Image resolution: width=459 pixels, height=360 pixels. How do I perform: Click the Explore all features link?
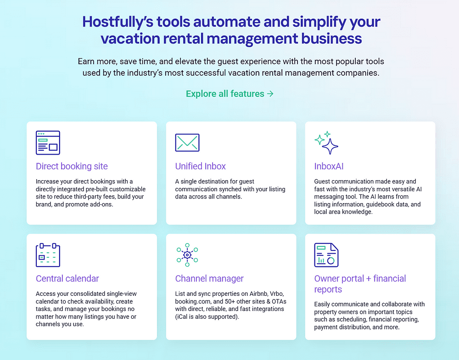click(230, 94)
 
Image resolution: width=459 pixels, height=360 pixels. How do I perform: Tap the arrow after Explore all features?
click(270, 94)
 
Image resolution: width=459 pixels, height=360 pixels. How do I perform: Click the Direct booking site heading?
click(72, 166)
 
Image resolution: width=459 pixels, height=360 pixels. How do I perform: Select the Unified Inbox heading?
click(201, 166)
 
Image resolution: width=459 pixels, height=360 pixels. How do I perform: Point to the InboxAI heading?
click(329, 166)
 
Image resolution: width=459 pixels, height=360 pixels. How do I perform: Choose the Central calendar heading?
click(67, 278)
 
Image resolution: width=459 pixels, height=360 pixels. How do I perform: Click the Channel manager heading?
click(209, 278)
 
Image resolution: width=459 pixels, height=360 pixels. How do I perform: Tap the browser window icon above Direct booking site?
click(48, 143)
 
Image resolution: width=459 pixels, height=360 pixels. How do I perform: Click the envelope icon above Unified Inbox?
click(187, 143)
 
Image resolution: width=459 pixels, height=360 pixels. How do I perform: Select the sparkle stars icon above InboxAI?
click(326, 143)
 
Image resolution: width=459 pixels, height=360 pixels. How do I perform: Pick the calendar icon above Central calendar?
click(48, 255)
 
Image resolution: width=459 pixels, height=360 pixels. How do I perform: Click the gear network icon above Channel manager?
click(187, 255)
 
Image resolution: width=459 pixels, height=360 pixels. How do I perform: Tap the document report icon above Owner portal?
click(326, 255)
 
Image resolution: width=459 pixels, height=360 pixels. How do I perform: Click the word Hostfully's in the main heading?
click(118, 22)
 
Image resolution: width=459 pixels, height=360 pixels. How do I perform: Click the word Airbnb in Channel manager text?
click(258, 294)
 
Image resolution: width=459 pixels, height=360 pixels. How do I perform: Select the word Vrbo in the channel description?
click(276, 294)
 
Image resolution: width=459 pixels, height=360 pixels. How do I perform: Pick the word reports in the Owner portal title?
click(328, 289)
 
